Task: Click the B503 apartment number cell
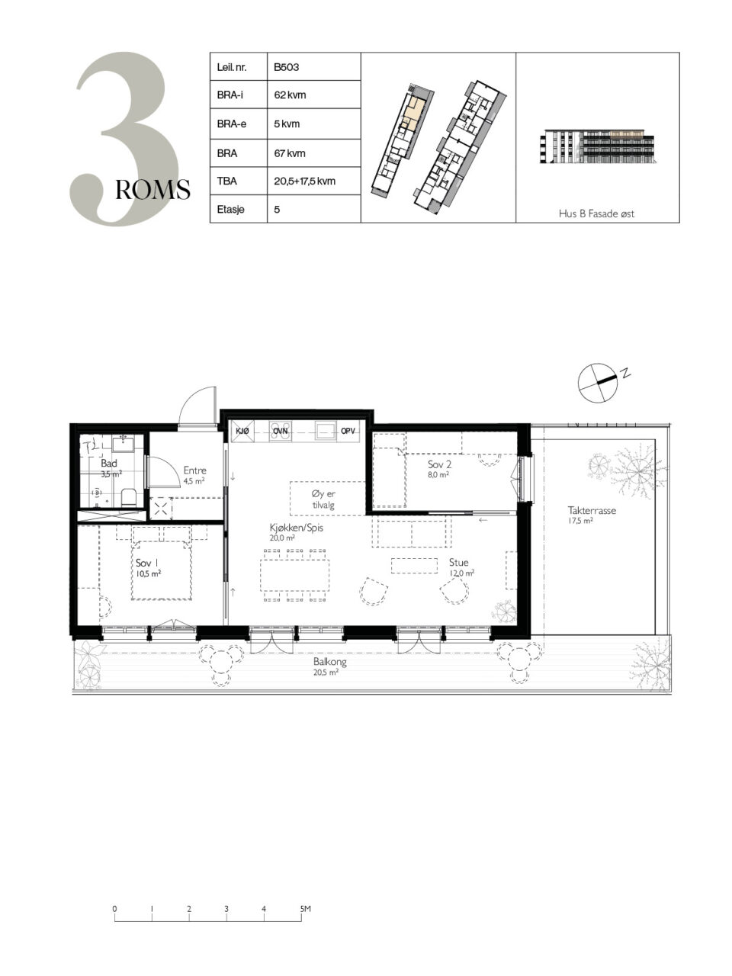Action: [313, 66]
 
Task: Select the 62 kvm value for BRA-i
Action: [290, 95]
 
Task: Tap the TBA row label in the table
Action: [226, 181]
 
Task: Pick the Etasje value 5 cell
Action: [313, 208]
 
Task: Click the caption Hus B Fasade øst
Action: [596, 213]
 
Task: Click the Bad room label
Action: [109, 463]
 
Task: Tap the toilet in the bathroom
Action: [129, 498]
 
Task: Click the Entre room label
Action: [194, 470]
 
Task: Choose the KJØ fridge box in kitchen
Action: [242, 431]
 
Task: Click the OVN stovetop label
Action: [281, 431]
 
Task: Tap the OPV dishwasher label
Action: [348, 431]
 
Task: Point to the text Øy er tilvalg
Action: [323, 499]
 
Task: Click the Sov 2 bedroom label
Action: [439, 464]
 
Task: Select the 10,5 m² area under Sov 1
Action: [149, 573]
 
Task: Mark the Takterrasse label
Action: [592, 510]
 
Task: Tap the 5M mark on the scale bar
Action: [305, 908]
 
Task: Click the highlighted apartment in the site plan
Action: [411, 114]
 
